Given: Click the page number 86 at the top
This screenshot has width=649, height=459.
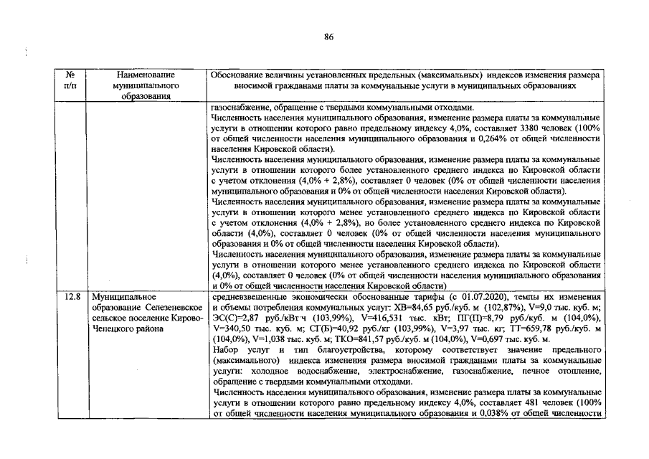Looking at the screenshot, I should point(329,37).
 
